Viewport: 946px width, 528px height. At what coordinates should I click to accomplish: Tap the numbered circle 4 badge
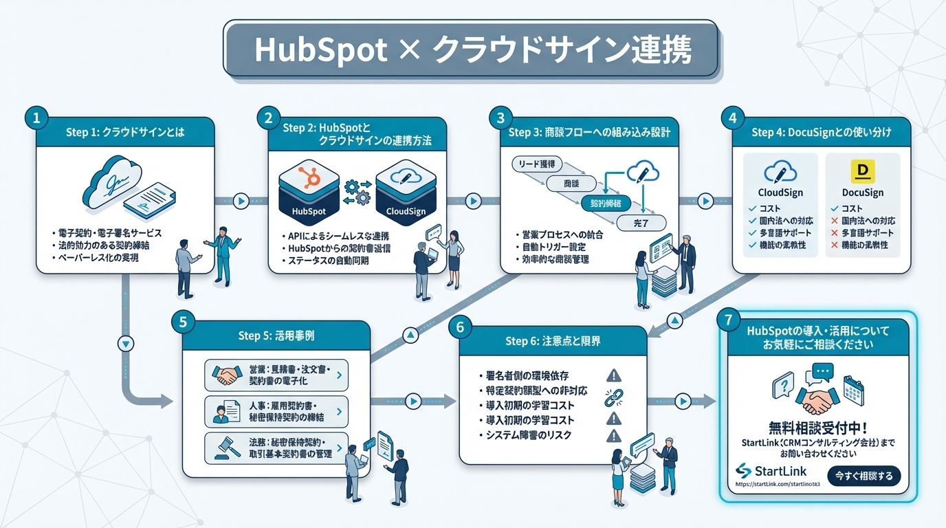click(x=732, y=118)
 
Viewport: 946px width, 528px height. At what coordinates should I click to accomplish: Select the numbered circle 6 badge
click(x=460, y=327)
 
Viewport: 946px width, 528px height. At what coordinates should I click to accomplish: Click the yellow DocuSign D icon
click(x=861, y=170)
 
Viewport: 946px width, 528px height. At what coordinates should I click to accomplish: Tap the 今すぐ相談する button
click(x=863, y=476)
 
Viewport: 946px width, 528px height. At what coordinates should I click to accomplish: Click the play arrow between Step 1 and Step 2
click(x=241, y=201)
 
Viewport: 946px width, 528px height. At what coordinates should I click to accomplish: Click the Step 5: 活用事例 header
click(x=276, y=336)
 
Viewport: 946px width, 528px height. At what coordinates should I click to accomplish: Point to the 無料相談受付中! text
click(x=817, y=426)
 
